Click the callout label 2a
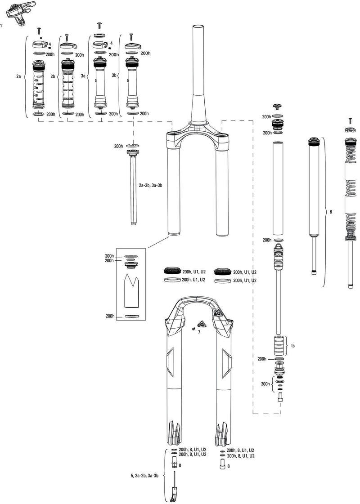click(x=18, y=77)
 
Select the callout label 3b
click(x=114, y=77)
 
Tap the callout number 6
click(x=331, y=211)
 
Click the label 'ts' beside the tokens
click(x=293, y=345)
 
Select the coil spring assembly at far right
click(x=351, y=198)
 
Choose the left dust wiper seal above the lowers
click(x=171, y=272)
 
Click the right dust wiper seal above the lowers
click(x=223, y=272)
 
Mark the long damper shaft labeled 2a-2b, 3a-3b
click(x=133, y=189)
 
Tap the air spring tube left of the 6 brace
click(x=313, y=189)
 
